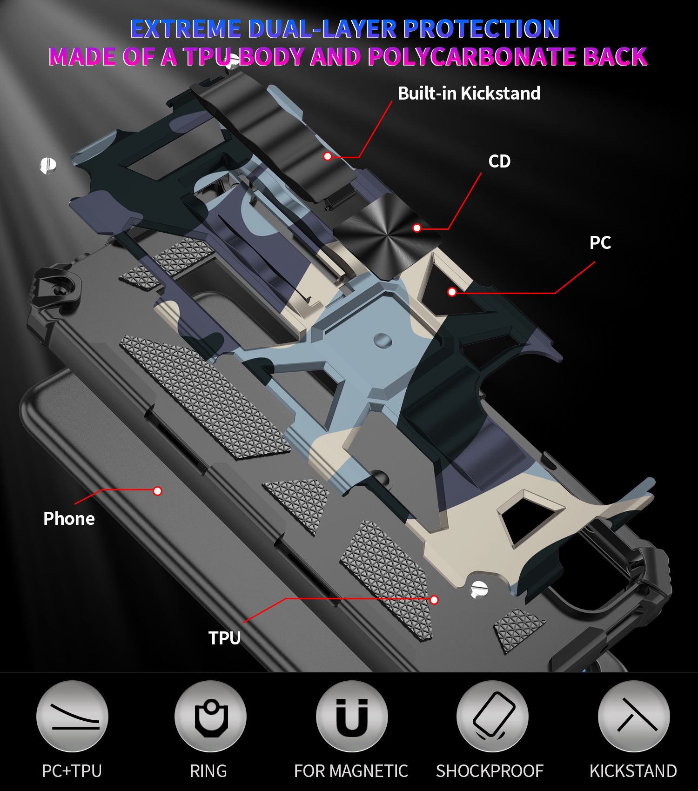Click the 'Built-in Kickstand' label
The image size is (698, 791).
point(469,94)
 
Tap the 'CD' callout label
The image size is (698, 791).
point(499,161)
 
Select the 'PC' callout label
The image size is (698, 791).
point(600,242)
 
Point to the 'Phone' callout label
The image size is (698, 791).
point(69,518)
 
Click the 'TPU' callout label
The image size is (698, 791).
point(224,638)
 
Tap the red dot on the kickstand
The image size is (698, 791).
point(328,156)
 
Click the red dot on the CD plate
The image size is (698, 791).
point(417,228)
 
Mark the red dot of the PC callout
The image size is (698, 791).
point(452,292)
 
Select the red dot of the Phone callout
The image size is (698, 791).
point(158,491)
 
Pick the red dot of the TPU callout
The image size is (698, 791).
point(434,600)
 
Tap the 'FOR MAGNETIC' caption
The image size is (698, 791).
point(351,771)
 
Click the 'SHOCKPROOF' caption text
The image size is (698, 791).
point(490,771)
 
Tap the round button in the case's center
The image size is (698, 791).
point(383,341)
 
